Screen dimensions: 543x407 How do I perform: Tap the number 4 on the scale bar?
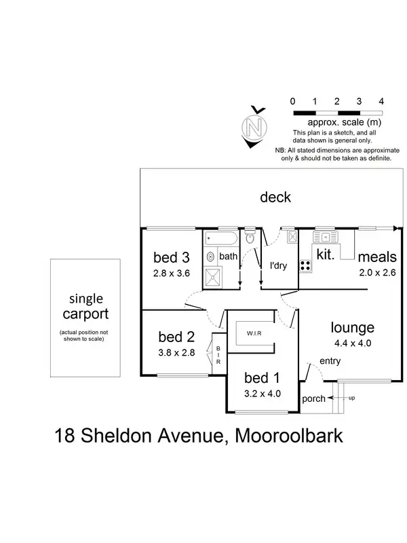382,101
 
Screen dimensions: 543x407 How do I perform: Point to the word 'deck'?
275,198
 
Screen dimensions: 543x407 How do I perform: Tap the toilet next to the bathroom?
250,238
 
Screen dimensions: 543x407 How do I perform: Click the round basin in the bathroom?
210,257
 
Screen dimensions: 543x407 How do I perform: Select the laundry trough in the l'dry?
292,237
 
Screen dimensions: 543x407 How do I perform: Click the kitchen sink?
326,238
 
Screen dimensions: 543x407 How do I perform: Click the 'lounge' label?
352,328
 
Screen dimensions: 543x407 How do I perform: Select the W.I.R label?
255,334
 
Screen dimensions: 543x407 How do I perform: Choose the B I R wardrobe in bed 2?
218,353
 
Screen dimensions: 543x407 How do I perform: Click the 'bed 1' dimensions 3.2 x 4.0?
262,392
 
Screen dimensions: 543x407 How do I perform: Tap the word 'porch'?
313,398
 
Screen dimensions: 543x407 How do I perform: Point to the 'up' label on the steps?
351,398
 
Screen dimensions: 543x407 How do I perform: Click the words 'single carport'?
85,307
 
